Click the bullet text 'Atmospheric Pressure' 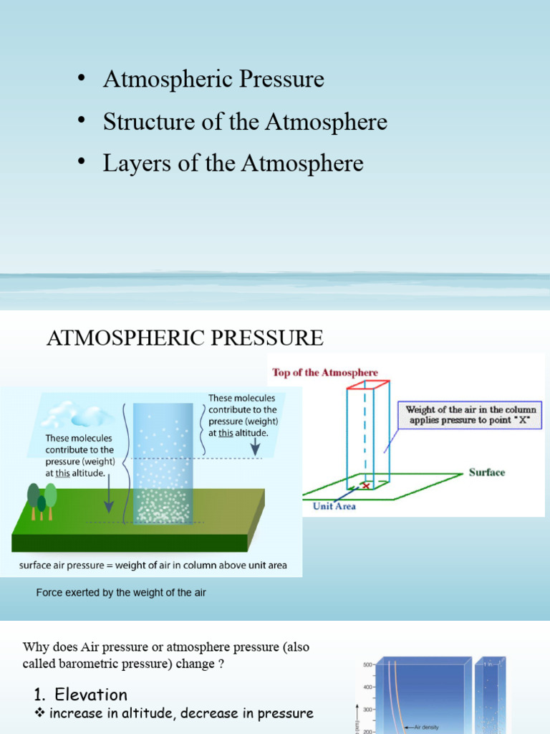tap(213, 79)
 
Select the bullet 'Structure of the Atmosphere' tap(245, 122)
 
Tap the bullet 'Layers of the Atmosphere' tap(233, 163)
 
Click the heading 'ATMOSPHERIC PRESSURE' tap(185, 337)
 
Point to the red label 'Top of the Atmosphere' tap(325, 373)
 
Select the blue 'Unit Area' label tap(334, 506)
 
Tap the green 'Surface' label tap(487, 472)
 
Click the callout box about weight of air tap(471, 415)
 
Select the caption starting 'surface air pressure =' tap(153, 565)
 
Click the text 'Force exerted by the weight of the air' tap(121, 594)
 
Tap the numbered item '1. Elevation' tap(81, 694)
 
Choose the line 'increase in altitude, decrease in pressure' tap(180, 713)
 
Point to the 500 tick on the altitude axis tap(368, 664)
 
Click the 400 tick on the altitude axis tap(368, 687)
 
